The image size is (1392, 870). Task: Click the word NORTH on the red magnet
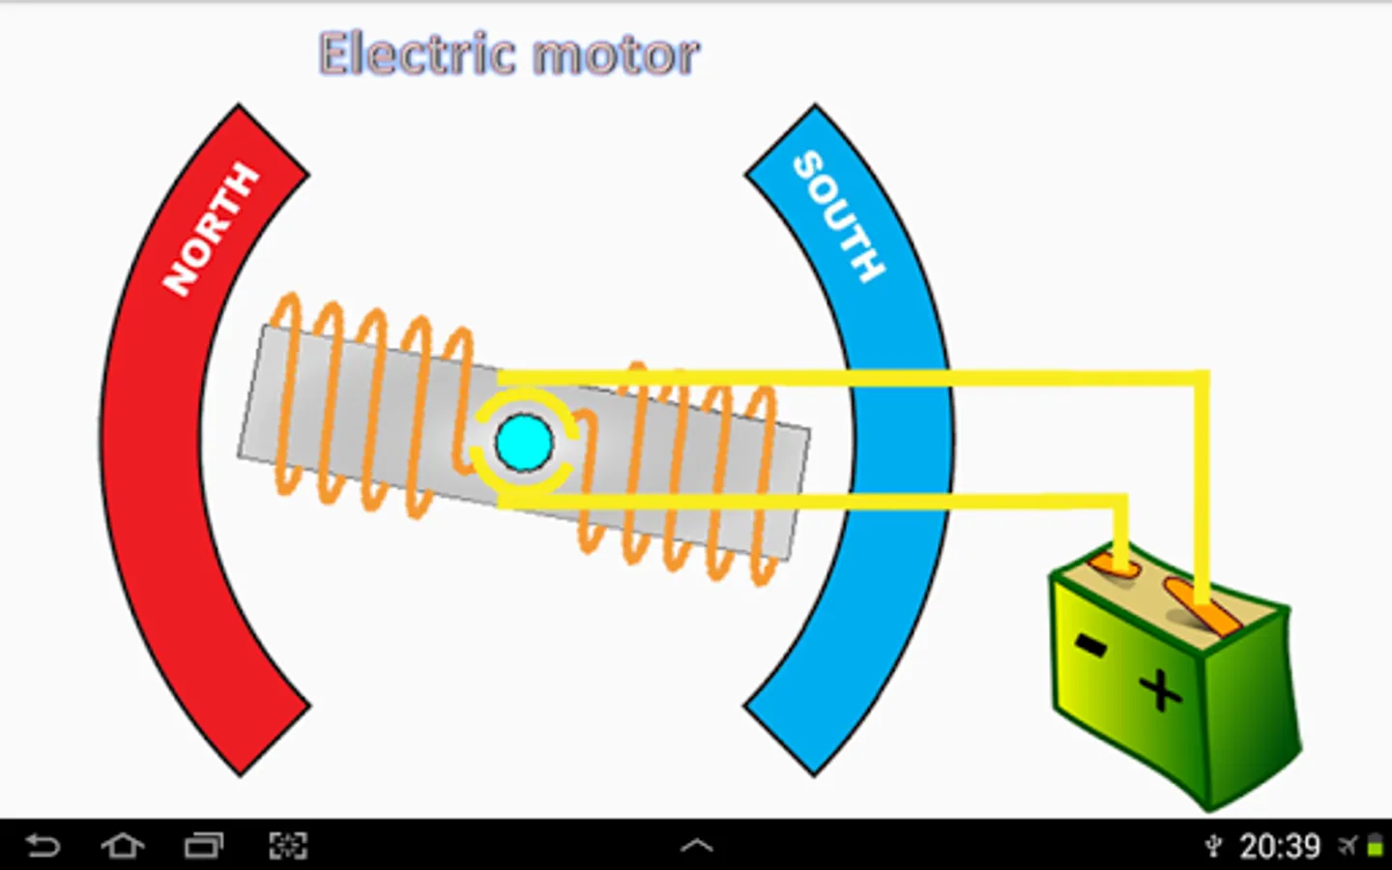click(211, 230)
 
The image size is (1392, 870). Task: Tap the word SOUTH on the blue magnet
click(838, 217)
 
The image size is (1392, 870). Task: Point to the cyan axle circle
click(524, 442)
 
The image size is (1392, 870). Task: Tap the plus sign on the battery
click(1160, 690)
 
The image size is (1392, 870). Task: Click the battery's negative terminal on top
click(1115, 566)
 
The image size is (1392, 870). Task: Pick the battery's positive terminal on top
click(1203, 607)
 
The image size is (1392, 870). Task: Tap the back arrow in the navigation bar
click(43, 846)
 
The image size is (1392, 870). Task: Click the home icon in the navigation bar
click(123, 846)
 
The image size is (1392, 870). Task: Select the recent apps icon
click(204, 846)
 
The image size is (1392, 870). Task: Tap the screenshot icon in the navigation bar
click(288, 846)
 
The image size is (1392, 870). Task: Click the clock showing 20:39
click(1280, 847)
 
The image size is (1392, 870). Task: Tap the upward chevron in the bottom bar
click(696, 846)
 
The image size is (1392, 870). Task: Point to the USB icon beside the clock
click(1214, 847)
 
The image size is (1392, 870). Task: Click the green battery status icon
click(1374, 847)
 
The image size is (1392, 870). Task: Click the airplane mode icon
click(1348, 847)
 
